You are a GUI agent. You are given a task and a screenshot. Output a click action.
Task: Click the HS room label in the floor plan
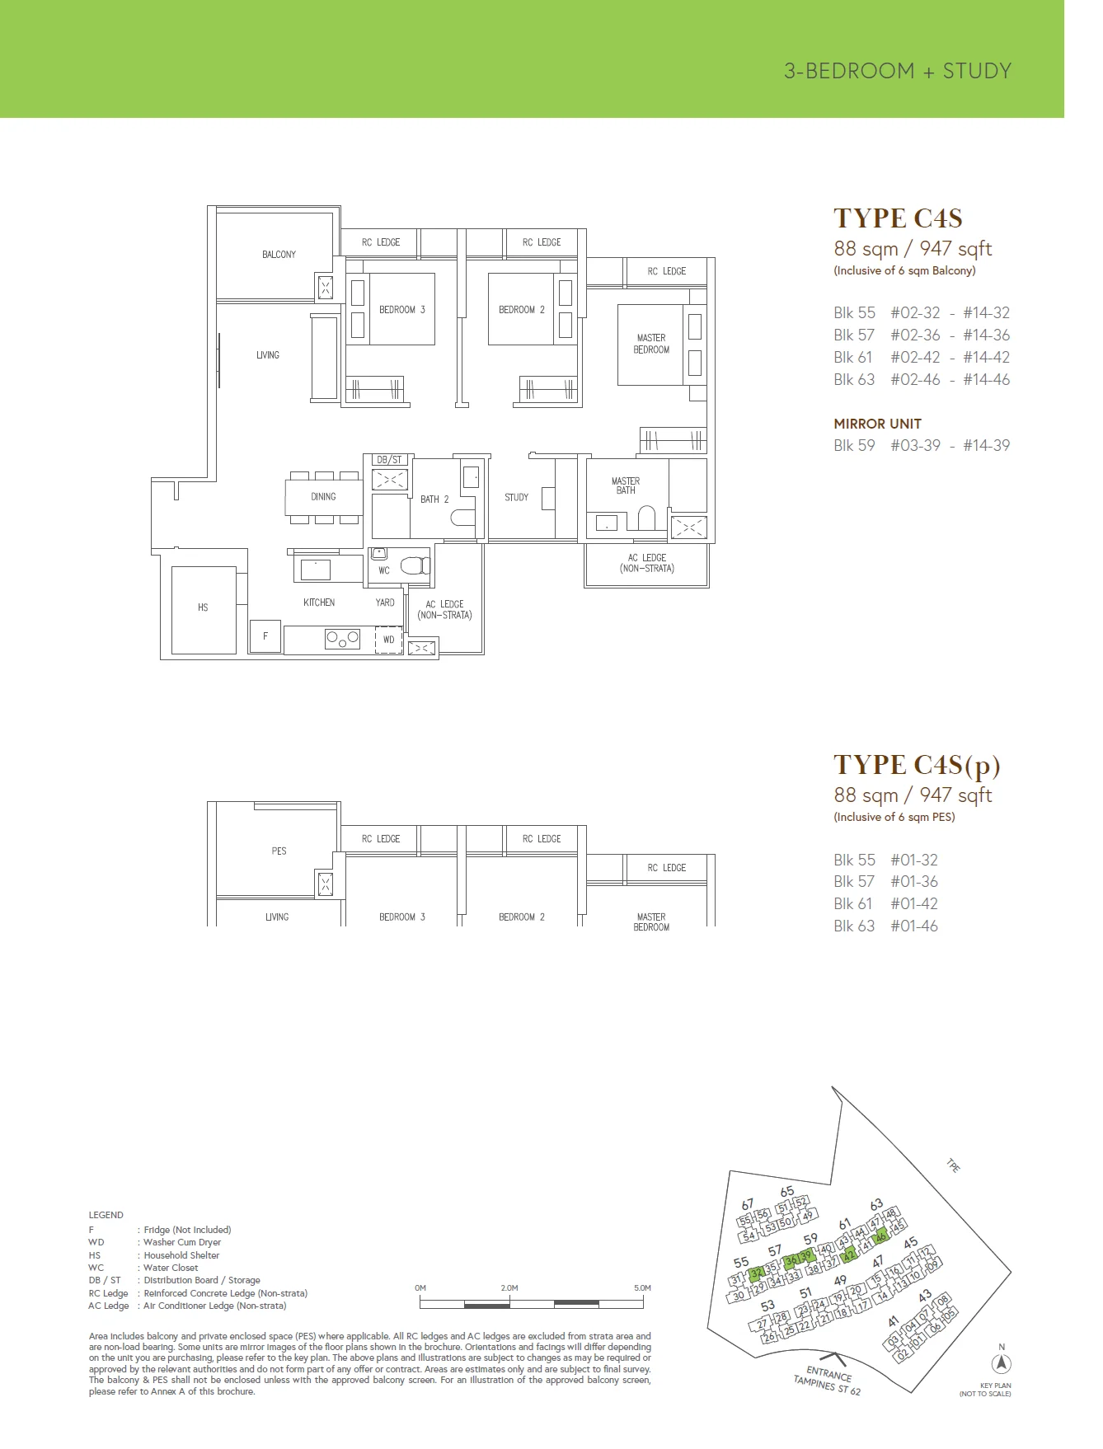(x=203, y=607)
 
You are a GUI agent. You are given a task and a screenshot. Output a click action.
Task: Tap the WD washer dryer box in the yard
(x=388, y=640)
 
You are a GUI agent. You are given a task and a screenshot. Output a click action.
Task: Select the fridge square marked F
(x=265, y=636)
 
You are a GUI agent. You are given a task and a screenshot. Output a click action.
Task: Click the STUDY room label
(x=516, y=497)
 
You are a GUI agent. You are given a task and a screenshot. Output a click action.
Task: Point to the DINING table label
(x=323, y=496)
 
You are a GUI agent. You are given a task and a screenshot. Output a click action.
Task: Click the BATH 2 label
(x=434, y=499)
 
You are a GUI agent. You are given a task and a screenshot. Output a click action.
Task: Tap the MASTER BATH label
(x=626, y=485)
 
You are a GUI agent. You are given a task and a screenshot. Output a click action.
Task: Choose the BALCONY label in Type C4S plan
(x=279, y=255)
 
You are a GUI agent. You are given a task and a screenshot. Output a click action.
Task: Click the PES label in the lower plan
(x=279, y=851)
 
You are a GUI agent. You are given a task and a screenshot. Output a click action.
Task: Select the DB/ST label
(x=389, y=460)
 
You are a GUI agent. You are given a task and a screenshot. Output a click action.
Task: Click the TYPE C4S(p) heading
(x=917, y=766)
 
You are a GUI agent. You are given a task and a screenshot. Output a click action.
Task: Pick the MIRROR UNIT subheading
(x=877, y=424)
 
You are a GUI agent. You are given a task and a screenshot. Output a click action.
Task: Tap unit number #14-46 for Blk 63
(x=986, y=379)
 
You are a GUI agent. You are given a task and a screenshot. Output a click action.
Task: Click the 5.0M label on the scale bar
(x=642, y=1287)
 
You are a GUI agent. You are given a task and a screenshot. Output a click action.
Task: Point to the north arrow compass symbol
(x=1002, y=1363)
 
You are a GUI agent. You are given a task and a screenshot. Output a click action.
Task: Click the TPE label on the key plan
(x=954, y=1166)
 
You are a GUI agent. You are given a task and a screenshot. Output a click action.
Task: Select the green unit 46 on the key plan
(x=880, y=1236)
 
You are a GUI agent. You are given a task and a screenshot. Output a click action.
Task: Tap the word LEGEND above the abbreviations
(x=106, y=1215)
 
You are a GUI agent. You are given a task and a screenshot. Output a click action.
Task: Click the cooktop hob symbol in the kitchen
(x=342, y=638)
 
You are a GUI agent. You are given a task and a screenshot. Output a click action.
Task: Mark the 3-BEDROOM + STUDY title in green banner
(x=898, y=71)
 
